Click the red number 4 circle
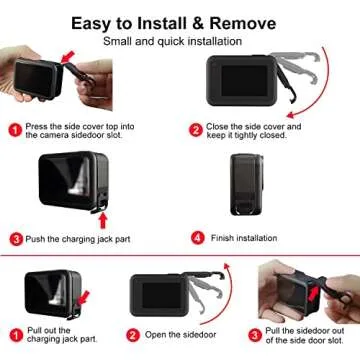pos(198,238)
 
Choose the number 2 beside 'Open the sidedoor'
pos(133,334)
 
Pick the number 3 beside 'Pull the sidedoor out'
pos(256,334)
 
